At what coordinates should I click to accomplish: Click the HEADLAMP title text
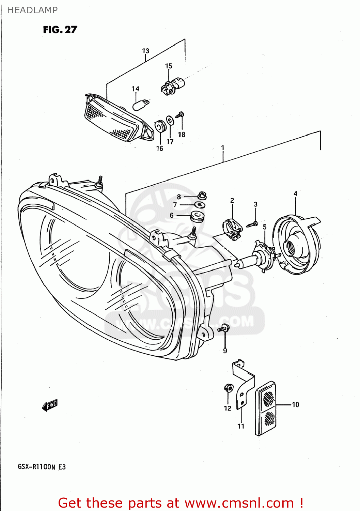(32, 10)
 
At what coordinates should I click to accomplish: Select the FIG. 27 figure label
(60, 30)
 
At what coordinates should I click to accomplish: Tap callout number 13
(145, 51)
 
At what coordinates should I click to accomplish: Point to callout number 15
(169, 66)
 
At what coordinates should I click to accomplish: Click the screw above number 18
(180, 115)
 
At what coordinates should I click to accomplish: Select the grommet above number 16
(160, 126)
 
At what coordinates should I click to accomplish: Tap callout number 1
(223, 148)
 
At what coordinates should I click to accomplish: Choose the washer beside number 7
(200, 205)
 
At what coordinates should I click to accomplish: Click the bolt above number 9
(224, 328)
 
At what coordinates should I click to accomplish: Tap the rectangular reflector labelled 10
(266, 408)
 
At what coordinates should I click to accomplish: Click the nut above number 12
(228, 388)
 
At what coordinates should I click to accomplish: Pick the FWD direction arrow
(50, 405)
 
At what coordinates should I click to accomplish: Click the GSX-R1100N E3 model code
(42, 467)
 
